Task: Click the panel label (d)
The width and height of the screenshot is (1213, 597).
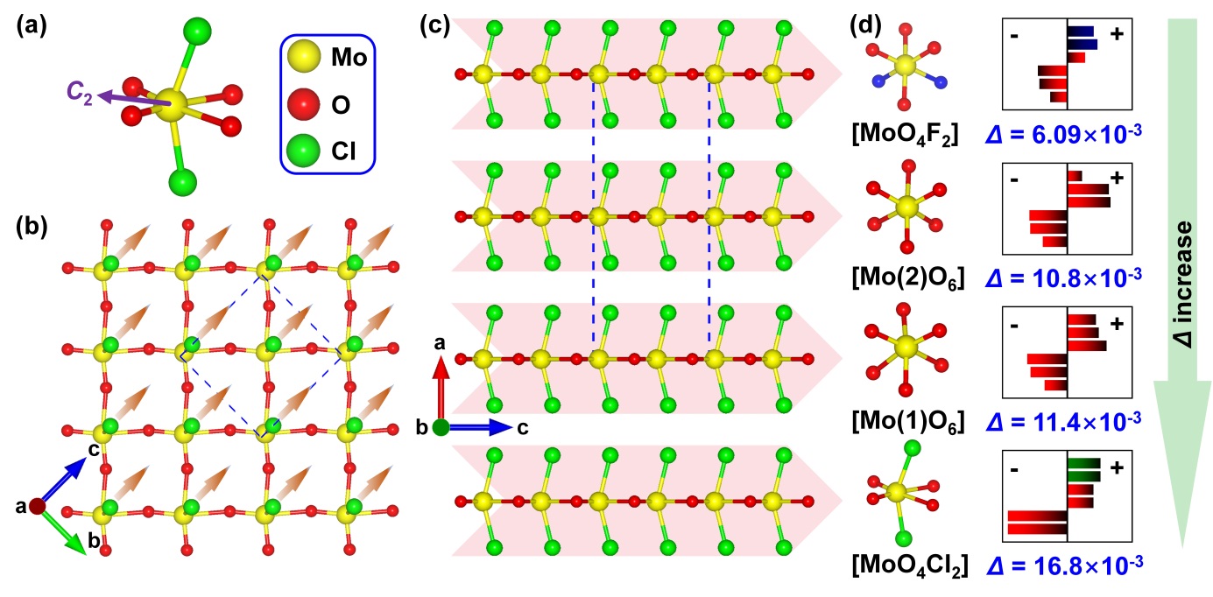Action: point(867,26)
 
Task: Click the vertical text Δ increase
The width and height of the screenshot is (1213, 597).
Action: point(1184,283)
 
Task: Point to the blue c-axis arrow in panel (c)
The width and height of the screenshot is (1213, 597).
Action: point(482,427)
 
